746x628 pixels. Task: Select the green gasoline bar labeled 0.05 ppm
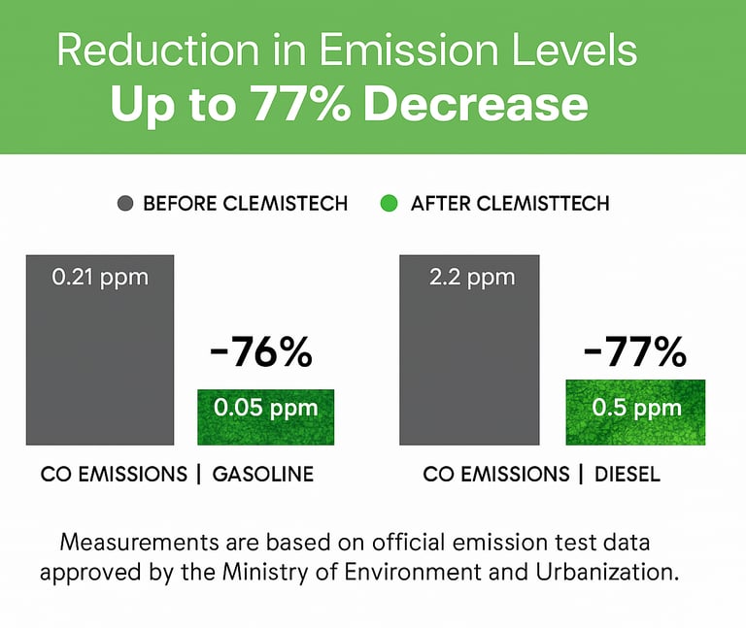pyautogui.click(x=265, y=417)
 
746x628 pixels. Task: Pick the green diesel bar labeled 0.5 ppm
pyautogui.click(x=635, y=413)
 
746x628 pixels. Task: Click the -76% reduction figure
pyautogui.click(x=260, y=353)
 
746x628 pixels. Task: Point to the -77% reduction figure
pyautogui.click(x=633, y=353)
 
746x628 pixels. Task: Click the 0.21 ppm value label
pyautogui.click(x=99, y=278)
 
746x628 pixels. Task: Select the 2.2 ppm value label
pyautogui.click(x=471, y=278)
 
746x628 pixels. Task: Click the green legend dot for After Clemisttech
pyautogui.click(x=389, y=204)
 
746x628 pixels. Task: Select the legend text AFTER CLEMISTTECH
pyautogui.click(x=510, y=204)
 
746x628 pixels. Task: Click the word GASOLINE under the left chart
pyautogui.click(x=263, y=475)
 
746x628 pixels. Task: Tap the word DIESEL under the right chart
pyautogui.click(x=627, y=475)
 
